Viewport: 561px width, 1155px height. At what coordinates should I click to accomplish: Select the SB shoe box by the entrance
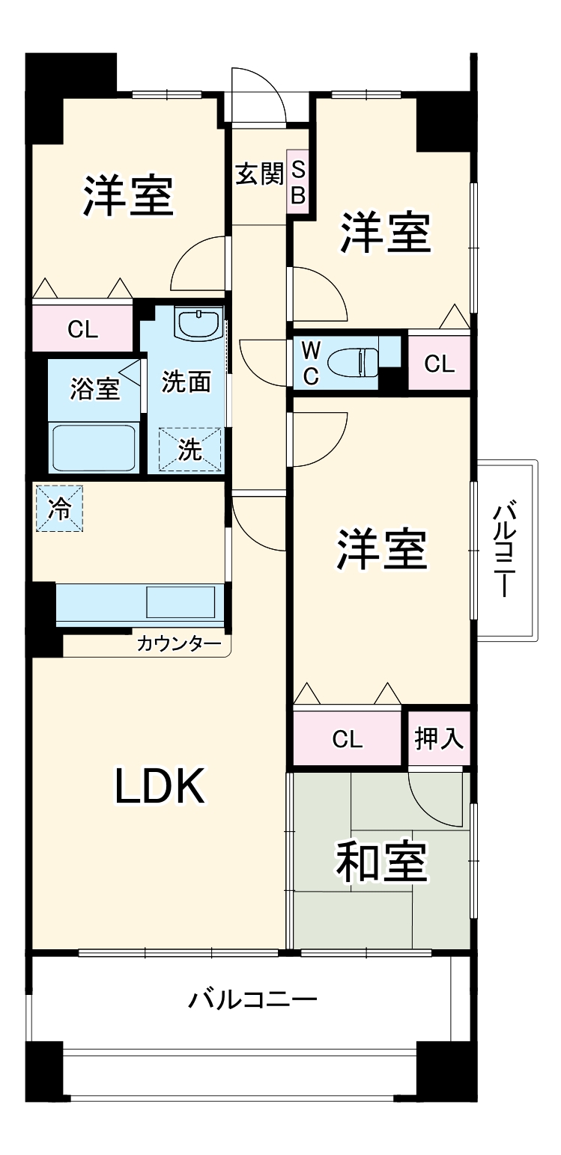click(298, 181)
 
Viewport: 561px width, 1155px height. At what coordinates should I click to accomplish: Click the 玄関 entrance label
click(259, 174)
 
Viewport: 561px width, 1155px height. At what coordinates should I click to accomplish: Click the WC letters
click(311, 364)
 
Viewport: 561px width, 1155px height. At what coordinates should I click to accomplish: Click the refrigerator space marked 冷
click(58, 509)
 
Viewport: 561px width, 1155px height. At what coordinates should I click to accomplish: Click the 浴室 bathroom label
click(94, 389)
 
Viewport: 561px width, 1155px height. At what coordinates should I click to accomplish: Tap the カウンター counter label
click(179, 643)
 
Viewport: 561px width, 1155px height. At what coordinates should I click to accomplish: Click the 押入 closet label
click(440, 739)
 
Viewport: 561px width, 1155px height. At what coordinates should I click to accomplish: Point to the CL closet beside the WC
click(439, 364)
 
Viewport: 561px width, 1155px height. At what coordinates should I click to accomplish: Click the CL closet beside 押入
click(348, 739)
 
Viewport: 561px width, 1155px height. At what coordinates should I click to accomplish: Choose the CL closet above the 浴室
click(82, 329)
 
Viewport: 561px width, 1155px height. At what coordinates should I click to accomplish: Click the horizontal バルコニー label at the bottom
click(252, 999)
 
